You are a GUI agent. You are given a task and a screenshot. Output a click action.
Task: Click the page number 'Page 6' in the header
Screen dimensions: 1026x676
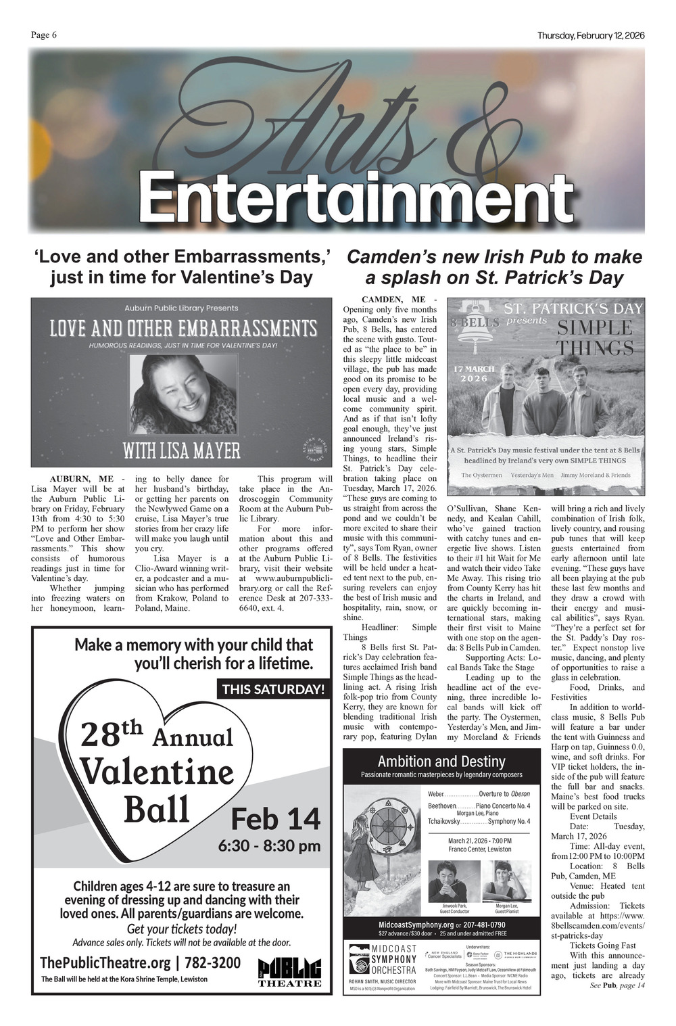click(x=43, y=35)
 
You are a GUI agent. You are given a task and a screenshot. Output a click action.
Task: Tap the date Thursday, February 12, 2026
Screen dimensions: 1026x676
click(x=591, y=36)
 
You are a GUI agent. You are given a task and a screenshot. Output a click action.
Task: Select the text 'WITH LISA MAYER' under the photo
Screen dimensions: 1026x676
click(x=182, y=450)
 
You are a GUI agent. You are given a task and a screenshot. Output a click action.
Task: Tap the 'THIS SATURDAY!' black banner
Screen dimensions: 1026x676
click(x=274, y=689)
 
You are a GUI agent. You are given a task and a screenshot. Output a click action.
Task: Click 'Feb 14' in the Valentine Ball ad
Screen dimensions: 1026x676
click(x=276, y=818)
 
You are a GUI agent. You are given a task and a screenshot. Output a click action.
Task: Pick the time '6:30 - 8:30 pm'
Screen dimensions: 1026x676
click(x=269, y=845)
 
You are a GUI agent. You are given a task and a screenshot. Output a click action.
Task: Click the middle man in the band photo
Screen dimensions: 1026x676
click(x=542, y=406)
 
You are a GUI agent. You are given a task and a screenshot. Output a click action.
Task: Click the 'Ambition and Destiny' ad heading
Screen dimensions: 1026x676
click(x=441, y=762)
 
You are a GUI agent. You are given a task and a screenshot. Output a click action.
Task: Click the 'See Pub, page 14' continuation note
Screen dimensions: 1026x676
click(x=617, y=985)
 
